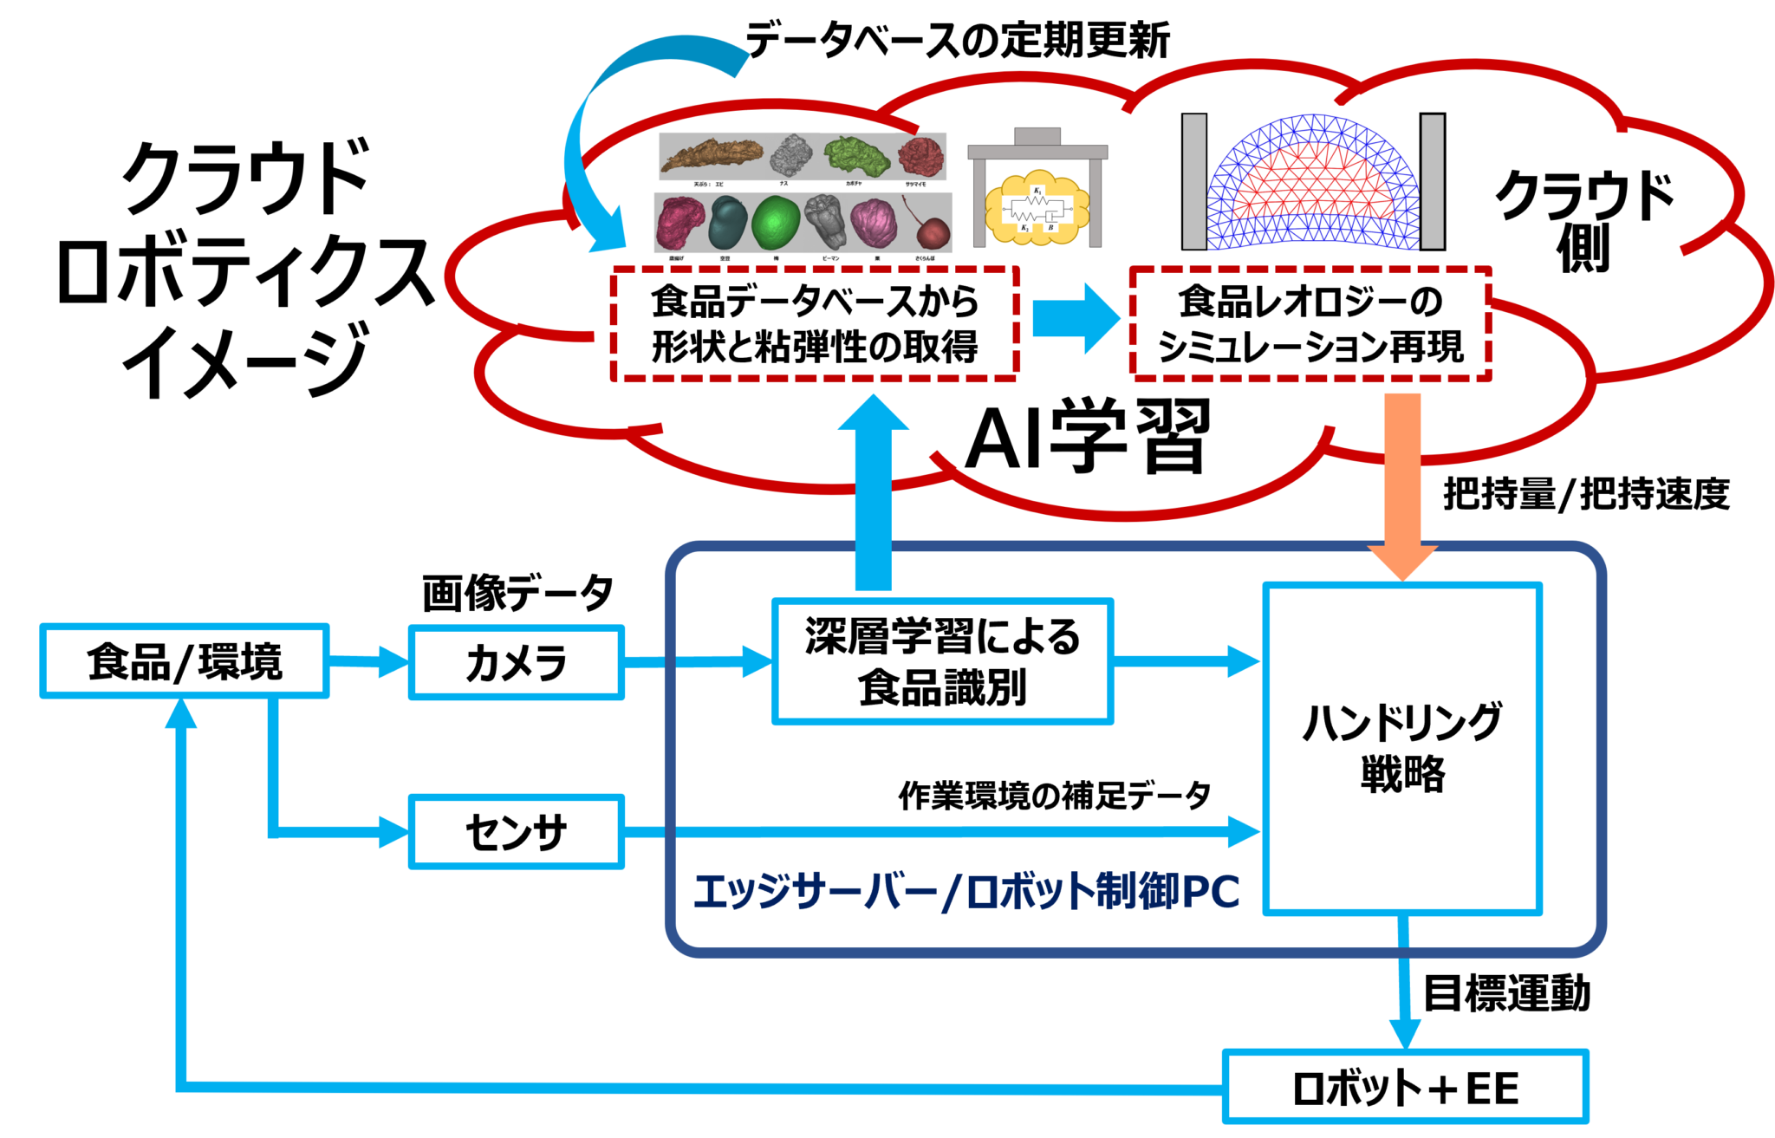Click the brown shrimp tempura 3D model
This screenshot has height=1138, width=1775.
(x=711, y=156)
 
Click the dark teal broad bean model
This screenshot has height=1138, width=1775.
(x=728, y=224)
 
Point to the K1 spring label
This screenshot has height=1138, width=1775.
(x=1037, y=191)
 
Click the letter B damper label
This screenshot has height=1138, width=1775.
(x=1050, y=228)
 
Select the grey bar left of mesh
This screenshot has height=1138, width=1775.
(x=1193, y=181)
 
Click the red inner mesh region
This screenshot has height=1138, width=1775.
(x=1313, y=178)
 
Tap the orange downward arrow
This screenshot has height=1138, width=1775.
(x=1402, y=485)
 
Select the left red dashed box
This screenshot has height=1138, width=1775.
(x=815, y=323)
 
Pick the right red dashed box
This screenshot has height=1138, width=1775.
(x=1310, y=323)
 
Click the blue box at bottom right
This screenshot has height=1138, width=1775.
(x=1404, y=1086)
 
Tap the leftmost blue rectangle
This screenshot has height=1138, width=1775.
(x=185, y=660)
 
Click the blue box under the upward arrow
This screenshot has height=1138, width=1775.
(x=942, y=661)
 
